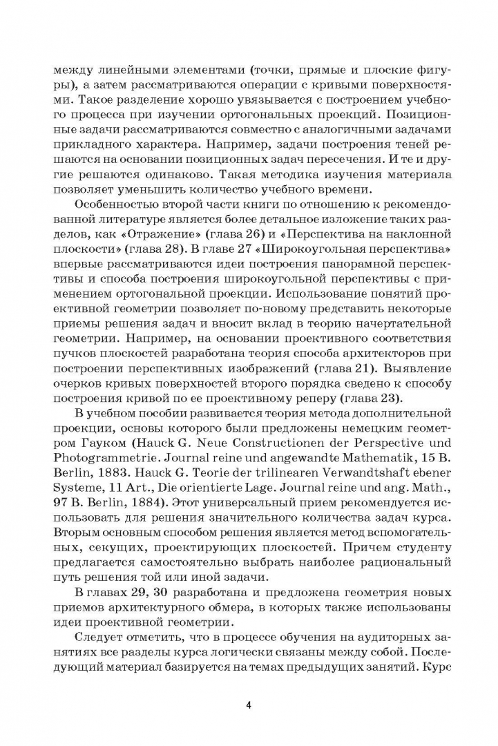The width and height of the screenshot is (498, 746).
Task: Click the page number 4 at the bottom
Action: point(248,705)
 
